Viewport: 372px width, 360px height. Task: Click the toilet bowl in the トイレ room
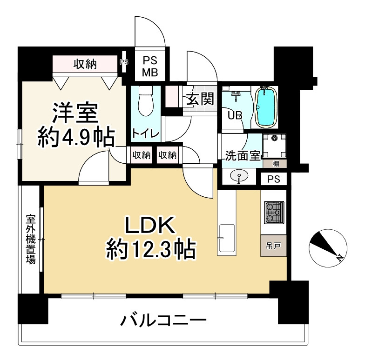[x=144, y=102]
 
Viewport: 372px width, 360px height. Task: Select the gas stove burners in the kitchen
[x=273, y=213]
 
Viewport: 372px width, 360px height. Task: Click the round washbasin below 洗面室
[x=240, y=177]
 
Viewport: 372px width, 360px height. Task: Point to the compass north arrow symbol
[x=328, y=248]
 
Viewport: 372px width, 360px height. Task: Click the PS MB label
[x=150, y=66]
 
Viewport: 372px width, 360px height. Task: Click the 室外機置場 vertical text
[x=31, y=239]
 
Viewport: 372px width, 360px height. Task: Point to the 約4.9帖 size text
[x=76, y=138]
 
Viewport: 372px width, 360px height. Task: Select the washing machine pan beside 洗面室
[x=275, y=146]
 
